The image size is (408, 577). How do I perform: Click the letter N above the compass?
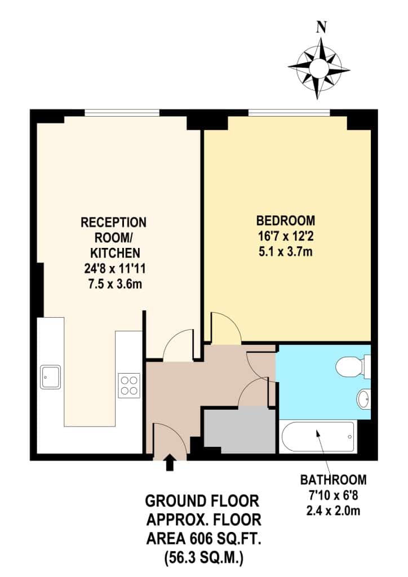[322, 28]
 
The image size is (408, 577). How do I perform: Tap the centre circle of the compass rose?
[318, 68]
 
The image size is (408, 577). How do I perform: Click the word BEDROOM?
[286, 220]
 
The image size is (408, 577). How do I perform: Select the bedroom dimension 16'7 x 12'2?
[286, 236]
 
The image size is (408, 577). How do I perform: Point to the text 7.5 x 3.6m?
[115, 284]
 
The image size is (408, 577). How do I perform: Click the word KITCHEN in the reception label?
[115, 253]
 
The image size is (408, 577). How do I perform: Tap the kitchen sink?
[50, 376]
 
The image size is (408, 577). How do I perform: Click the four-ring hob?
[129, 385]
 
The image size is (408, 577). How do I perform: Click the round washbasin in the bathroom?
[363, 398]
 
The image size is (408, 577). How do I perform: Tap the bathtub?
[318, 437]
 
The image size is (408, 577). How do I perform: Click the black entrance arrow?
[169, 462]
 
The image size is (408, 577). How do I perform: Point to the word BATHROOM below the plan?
[333, 480]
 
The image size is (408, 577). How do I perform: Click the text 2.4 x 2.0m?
[333, 511]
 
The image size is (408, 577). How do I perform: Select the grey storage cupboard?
[240, 430]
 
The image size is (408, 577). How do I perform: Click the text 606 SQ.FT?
[227, 539]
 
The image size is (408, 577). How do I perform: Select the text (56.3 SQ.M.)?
[204, 556]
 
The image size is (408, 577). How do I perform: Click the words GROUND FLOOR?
[202, 501]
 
